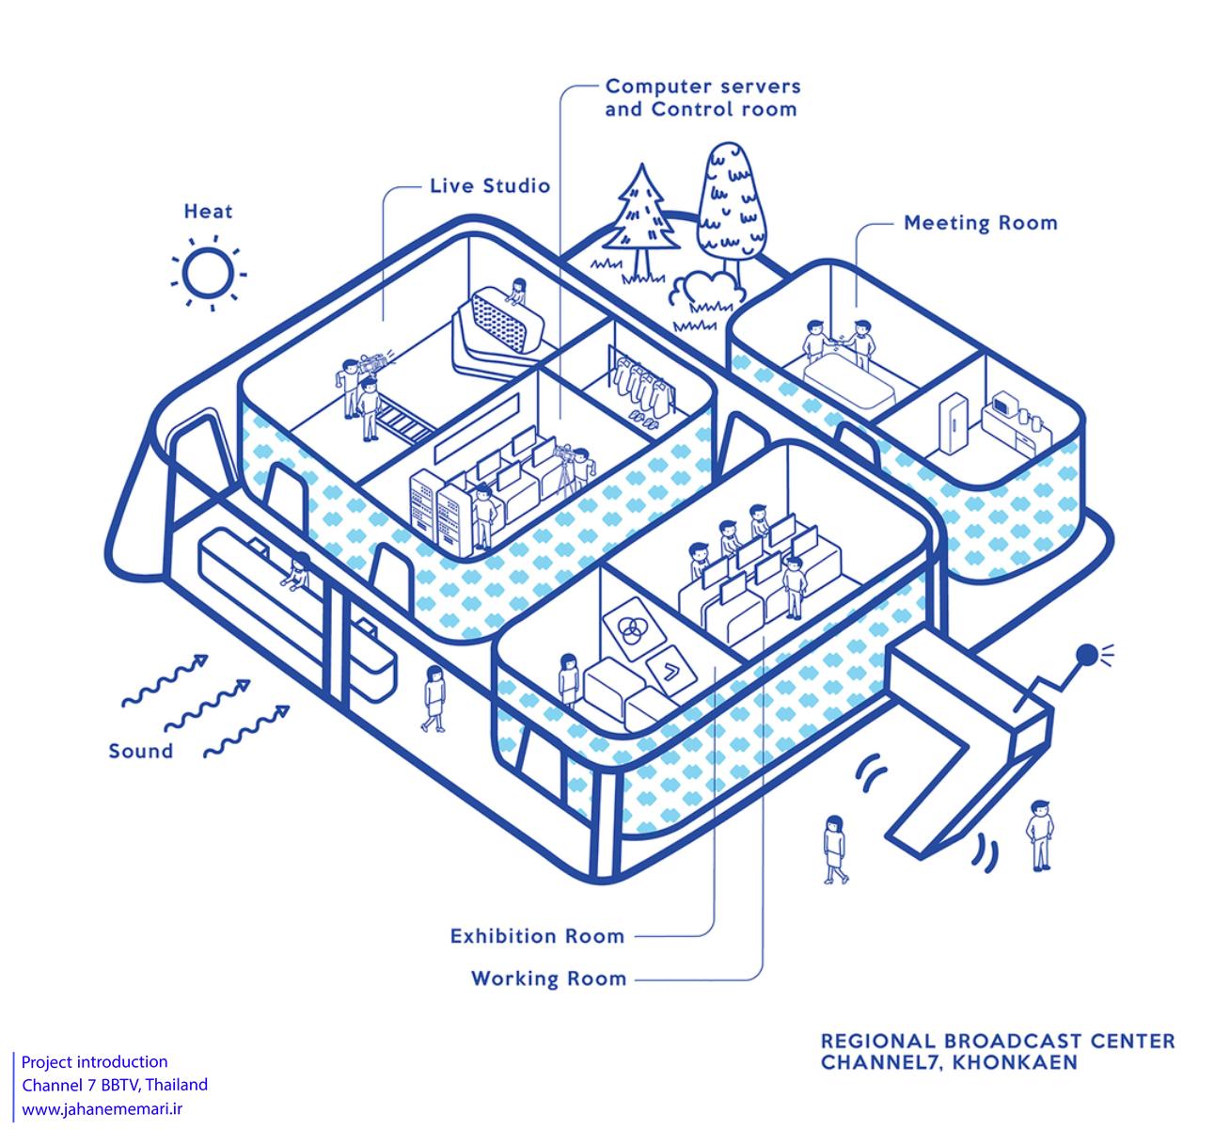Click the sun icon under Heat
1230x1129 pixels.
coord(209,273)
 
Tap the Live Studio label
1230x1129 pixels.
coord(490,185)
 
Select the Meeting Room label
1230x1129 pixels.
coord(981,223)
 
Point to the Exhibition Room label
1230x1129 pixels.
coord(537,936)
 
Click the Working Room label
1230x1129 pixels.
coord(549,978)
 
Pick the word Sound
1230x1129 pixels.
coord(140,751)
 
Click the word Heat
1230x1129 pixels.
coord(209,212)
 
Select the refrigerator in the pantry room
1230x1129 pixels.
coord(953,423)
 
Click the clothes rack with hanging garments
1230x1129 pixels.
coord(640,384)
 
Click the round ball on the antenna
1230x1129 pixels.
coord(1086,654)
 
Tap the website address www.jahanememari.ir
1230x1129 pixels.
coord(102,1108)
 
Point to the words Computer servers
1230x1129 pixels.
coord(702,87)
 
